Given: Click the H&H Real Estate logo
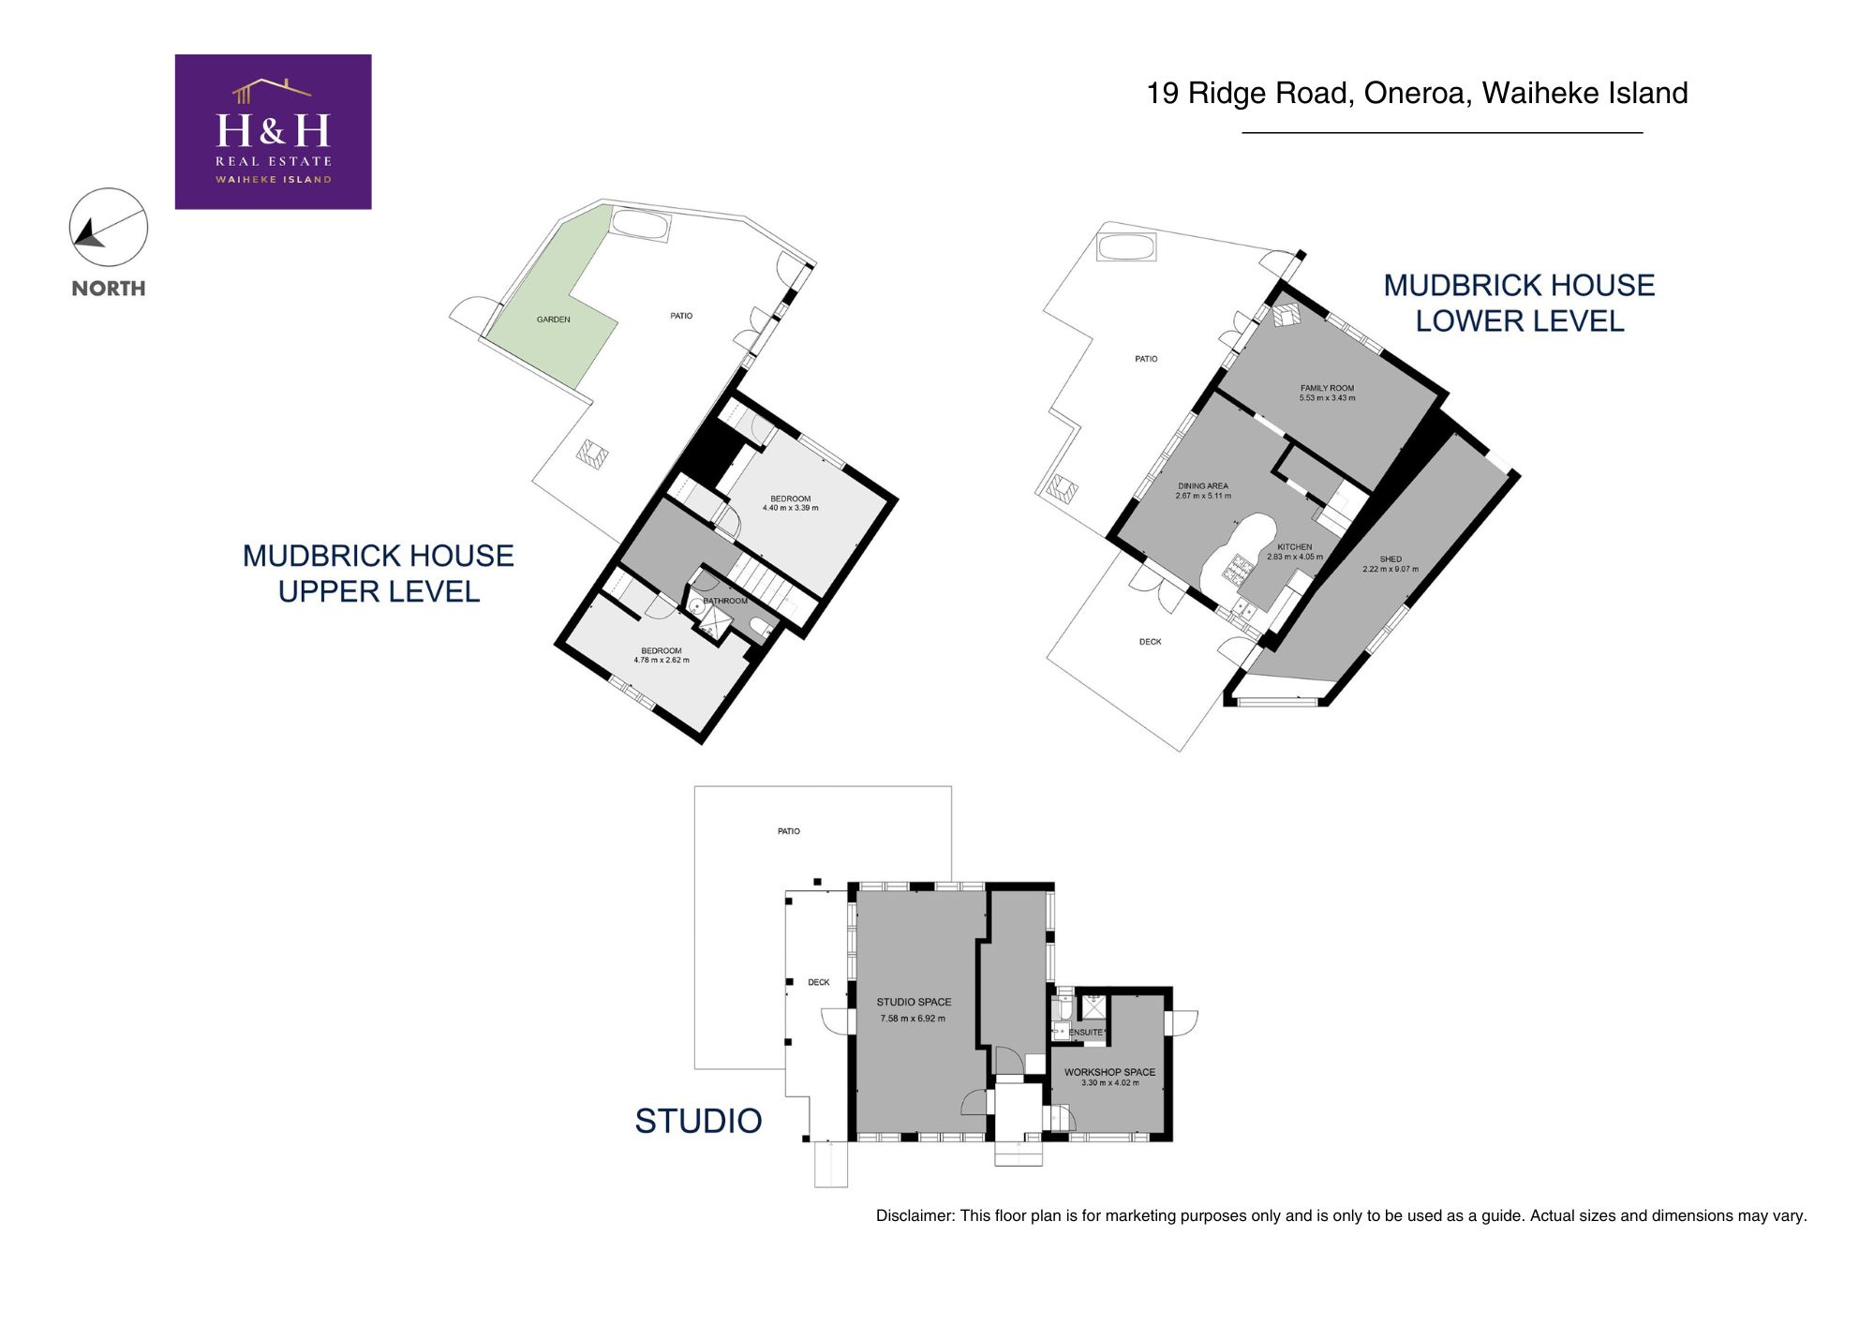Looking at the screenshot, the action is click(x=273, y=131).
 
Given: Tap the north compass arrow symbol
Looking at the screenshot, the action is click(x=92, y=233).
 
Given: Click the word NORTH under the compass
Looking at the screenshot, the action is click(x=109, y=289).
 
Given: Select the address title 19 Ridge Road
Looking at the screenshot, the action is click(x=1417, y=93).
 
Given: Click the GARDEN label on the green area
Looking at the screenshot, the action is click(x=553, y=320).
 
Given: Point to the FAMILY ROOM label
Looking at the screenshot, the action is click(x=1327, y=388).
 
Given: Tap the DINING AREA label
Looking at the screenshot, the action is click(x=1203, y=486).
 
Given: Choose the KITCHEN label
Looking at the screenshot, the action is click(x=1294, y=547).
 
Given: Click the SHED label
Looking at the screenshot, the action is click(x=1391, y=559).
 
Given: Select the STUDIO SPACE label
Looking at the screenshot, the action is click(x=914, y=1002).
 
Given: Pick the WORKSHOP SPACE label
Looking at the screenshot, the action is click(x=1109, y=1072).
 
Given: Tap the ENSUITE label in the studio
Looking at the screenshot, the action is click(x=1086, y=1033).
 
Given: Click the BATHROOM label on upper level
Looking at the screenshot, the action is click(x=725, y=601).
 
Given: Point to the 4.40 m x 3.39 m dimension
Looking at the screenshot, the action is click(x=790, y=508).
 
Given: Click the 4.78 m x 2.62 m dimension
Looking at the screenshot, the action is click(x=661, y=660).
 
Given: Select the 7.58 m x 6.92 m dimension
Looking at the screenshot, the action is click(x=913, y=1019).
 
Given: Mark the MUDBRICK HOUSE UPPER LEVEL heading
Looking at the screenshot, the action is click(x=379, y=573).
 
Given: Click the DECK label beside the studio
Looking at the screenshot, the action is click(x=819, y=982).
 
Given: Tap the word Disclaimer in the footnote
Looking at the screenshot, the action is click(x=915, y=1215).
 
